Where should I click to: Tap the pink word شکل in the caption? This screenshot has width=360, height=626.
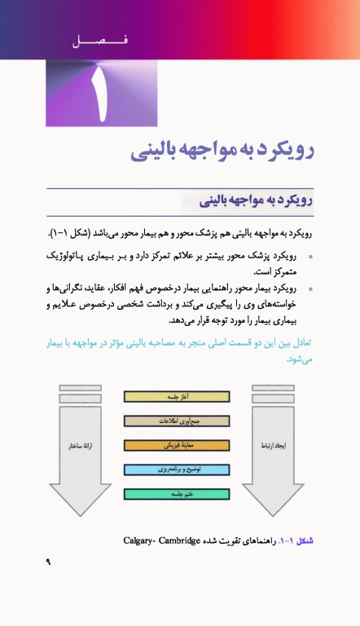click(x=304, y=540)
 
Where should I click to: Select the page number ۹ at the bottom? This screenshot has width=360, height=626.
click(x=48, y=562)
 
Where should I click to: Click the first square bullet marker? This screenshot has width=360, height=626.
click(x=311, y=257)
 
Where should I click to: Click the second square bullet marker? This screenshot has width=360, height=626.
click(x=311, y=289)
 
